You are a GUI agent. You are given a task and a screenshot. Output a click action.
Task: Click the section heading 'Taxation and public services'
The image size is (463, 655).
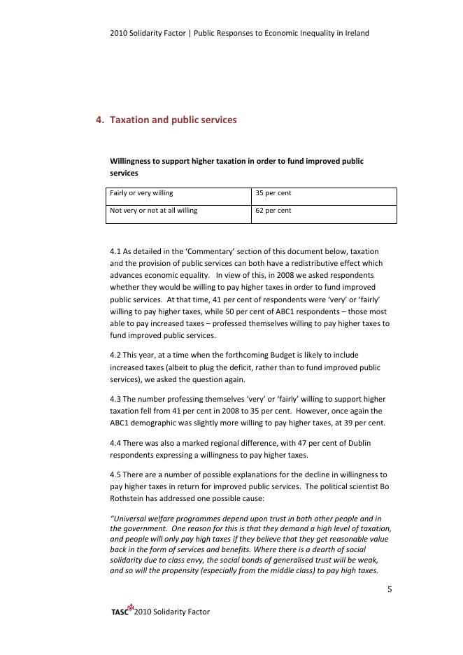[173, 120]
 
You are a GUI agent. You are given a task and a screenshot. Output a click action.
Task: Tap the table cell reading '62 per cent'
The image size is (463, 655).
[273, 210]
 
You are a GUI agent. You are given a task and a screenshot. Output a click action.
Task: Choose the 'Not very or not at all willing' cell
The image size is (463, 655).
[153, 210]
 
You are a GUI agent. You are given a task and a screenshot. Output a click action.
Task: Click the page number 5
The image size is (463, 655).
[390, 589]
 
